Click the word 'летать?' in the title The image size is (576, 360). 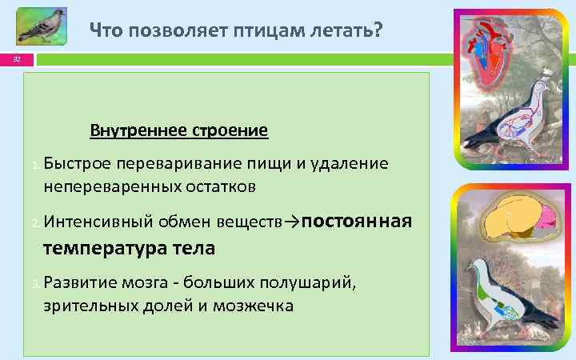point(350,31)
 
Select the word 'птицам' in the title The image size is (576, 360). point(273,31)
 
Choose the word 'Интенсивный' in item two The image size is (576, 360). point(91,222)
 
